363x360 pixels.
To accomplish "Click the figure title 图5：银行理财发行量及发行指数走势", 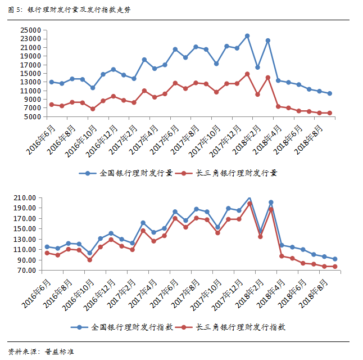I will [x=67, y=10].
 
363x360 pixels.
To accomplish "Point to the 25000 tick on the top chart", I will [x=30, y=30].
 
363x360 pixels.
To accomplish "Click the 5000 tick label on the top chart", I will [x=33, y=117].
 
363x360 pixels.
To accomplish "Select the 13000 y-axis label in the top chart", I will [x=30, y=82].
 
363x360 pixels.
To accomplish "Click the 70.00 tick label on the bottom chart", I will [x=26, y=271].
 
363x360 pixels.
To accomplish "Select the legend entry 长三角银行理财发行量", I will [x=235, y=173].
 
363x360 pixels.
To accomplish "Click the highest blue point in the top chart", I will [x=247, y=36].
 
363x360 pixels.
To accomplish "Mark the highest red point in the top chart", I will [x=247, y=74].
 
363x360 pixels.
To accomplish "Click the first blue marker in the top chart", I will [x=52, y=82].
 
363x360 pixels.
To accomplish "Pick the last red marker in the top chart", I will [x=330, y=113].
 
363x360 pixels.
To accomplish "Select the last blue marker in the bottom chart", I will [x=335, y=259].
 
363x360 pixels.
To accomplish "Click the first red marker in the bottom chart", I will [x=47, y=253].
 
